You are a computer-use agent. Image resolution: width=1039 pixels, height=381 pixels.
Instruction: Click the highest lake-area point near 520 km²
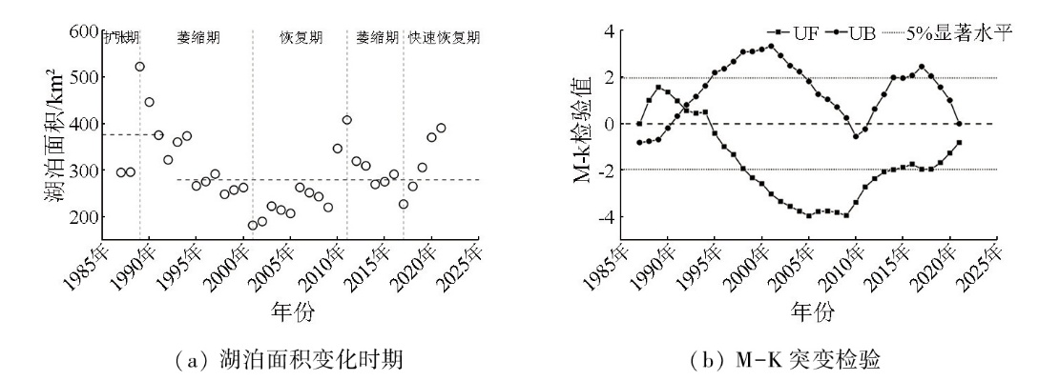(x=140, y=67)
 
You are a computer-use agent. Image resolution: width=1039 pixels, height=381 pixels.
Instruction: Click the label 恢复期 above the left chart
(x=301, y=39)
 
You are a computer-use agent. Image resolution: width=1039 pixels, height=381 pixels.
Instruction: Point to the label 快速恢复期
(x=444, y=39)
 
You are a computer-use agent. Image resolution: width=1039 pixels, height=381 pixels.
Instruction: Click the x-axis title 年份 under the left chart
(x=292, y=311)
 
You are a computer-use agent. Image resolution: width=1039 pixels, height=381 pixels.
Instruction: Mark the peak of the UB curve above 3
(x=771, y=46)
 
